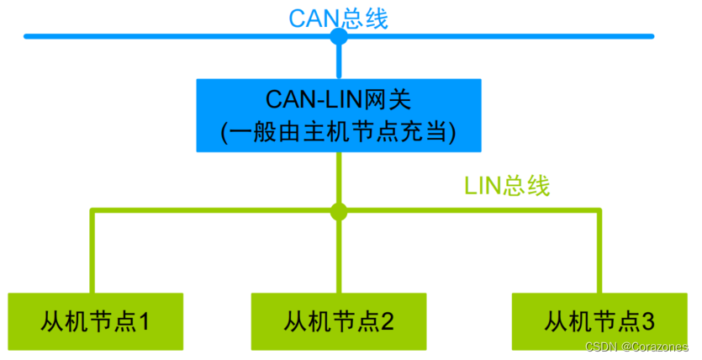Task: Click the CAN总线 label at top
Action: (x=339, y=18)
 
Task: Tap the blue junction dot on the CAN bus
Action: (x=339, y=37)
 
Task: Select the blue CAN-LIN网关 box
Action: (x=339, y=115)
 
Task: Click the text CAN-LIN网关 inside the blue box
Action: (x=339, y=98)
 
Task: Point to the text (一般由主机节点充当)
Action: (x=339, y=132)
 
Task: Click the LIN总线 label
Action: (x=507, y=185)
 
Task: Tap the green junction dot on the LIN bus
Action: (x=339, y=211)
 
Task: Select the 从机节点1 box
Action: (x=95, y=320)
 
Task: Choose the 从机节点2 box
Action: (x=339, y=320)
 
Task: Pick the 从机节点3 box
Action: (x=599, y=320)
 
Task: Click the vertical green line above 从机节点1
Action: (x=92, y=252)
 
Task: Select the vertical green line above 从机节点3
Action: (x=599, y=252)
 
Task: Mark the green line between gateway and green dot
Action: (x=339, y=178)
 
